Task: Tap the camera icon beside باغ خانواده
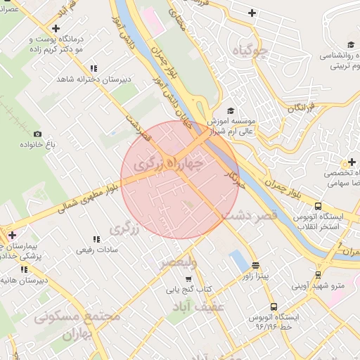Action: (x=38, y=134)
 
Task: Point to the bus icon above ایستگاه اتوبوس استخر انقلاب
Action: (x=319, y=207)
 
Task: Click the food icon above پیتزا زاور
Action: (x=255, y=266)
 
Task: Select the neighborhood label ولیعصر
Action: (x=178, y=262)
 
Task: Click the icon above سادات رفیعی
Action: (x=96, y=240)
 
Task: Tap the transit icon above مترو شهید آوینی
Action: (x=319, y=275)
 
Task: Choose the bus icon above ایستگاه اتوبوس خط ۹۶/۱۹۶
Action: (x=274, y=307)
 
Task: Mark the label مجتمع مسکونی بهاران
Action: (x=77, y=323)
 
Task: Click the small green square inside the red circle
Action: (x=187, y=205)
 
